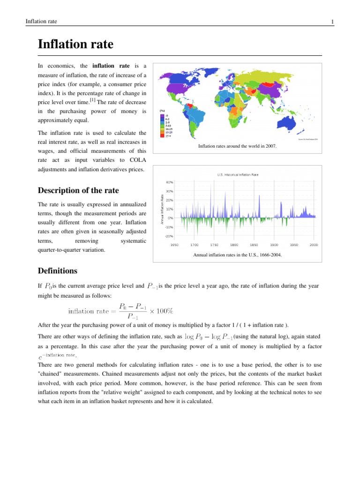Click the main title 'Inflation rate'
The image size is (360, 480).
coord(75,45)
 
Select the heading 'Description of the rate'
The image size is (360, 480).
coord(78,190)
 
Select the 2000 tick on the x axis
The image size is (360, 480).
coord(314,245)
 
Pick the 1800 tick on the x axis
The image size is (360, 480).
coord(234,245)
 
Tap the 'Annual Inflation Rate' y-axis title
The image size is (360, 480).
coord(162,209)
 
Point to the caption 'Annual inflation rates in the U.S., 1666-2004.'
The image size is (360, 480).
coord(238,255)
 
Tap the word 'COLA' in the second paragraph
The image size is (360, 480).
coord(134,159)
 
